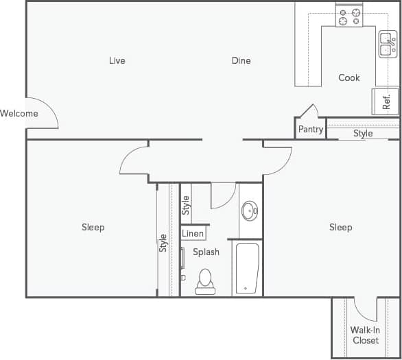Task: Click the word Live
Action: click(117, 60)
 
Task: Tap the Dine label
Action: click(241, 60)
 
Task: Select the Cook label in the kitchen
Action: click(349, 77)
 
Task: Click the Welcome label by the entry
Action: click(19, 113)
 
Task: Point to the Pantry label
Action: click(311, 130)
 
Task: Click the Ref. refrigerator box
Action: click(386, 101)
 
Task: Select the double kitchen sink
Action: click(388, 45)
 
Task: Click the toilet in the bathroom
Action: click(205, 281)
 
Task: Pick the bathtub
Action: click(247, 267)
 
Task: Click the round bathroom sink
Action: click(250, 211)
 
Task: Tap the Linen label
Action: click(193, 234)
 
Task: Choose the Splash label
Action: click(206, 252)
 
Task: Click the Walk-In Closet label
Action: click(366, 335)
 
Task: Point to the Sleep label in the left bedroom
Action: click(93, 227)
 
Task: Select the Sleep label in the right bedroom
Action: click(340, 227)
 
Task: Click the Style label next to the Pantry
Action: click(363, 134)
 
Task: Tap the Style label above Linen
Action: click(185, 205)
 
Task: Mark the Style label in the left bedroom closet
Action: click(163, 243)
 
